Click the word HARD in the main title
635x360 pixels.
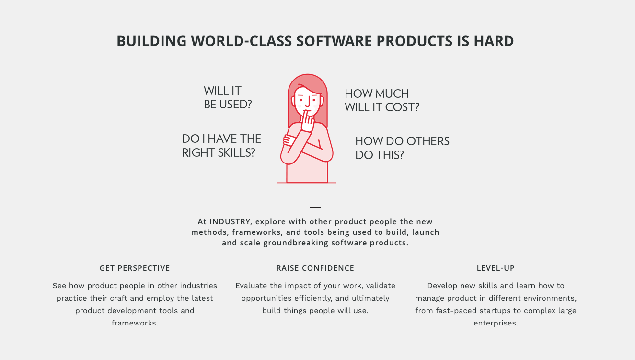(x=494, y=41)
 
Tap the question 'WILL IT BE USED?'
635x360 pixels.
(x=228, y=98)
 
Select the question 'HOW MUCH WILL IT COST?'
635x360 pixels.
(x=382, y=100)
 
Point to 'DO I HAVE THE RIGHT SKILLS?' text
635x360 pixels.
(x=221, y=146)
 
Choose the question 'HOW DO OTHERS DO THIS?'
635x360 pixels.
(x=402, y=148)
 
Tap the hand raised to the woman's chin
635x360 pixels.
(x=307, y=121)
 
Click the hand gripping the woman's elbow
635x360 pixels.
(x=289, y=140)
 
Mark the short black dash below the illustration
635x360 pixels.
(x=315, y=208)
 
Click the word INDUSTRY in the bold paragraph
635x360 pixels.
(x=230, y=221)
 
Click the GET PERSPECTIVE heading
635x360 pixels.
(x=135, y=268)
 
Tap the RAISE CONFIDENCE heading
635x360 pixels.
(x=315, y=268)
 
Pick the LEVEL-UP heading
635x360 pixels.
(x=496, y=268)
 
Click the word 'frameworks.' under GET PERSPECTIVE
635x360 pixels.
(x=135, y=323)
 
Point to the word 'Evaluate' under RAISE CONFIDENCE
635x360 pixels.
(x=252, y=286)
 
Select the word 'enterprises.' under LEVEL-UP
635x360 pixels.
(x=496, y=323)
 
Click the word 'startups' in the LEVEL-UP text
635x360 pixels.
(x=491, y=311)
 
